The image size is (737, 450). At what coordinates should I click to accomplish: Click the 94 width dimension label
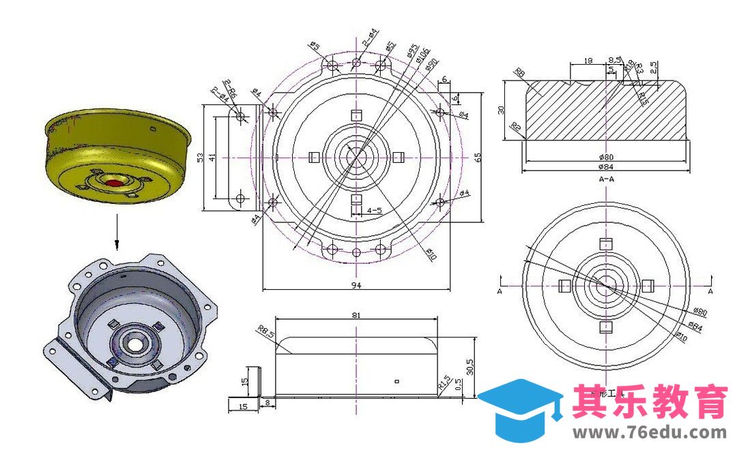pos(356,286)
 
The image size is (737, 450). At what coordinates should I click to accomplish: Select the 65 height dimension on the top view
pos(478,157)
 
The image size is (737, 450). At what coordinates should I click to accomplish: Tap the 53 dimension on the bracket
pos(201,157)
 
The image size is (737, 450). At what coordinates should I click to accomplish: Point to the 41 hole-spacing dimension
pos(213,157)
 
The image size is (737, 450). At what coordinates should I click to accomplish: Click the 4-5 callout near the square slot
pos(374,211)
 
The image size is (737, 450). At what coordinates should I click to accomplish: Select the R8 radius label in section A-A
pos(520,72)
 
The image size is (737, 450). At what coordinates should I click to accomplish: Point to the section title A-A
pos(605,179)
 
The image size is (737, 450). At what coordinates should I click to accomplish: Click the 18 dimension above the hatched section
pos(588,61)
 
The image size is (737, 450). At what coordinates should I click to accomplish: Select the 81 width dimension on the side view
pos(355,316)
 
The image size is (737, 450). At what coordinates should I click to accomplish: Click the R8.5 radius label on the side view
pos(265,332)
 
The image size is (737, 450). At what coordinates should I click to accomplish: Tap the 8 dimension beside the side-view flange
pos(268,404)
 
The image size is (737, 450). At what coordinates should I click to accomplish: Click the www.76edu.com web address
pos(650,433)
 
